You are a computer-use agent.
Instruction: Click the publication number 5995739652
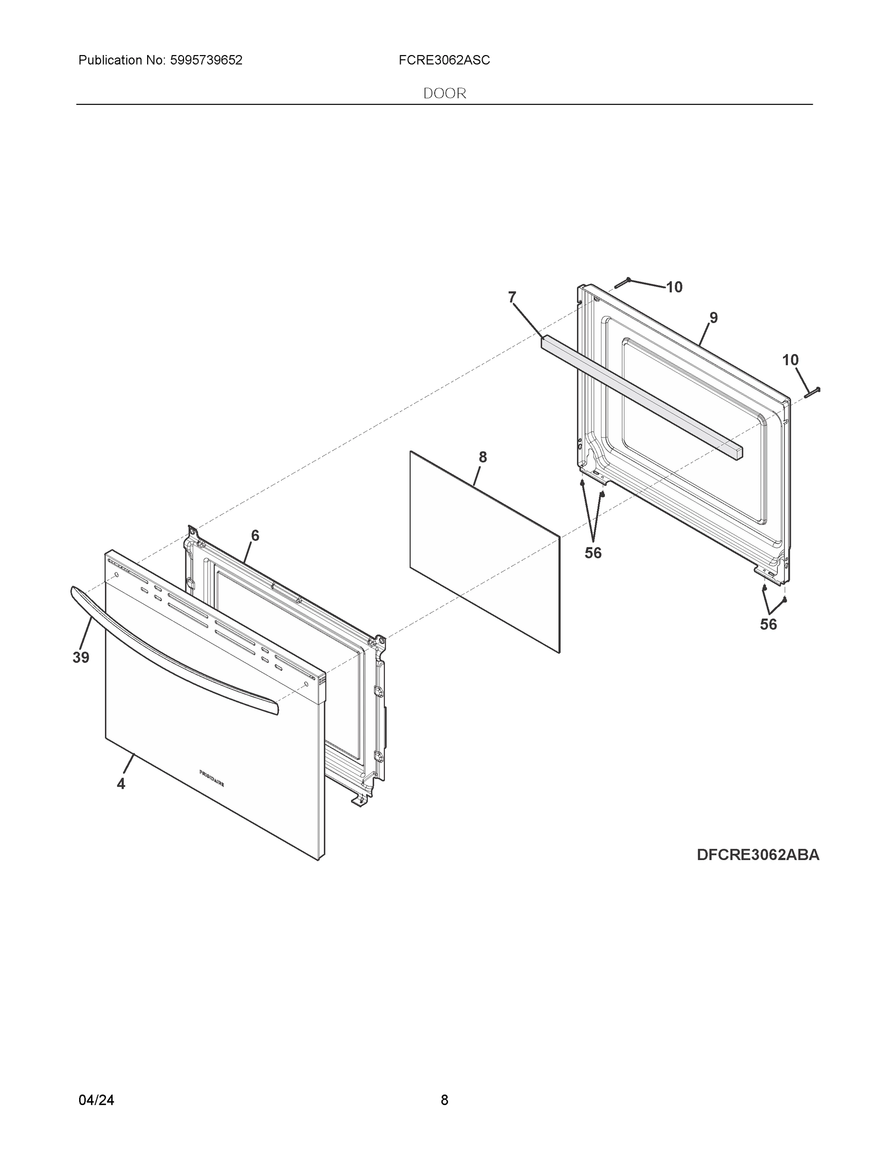tap(206, 60)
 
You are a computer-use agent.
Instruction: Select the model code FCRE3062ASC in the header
tap(444, 60)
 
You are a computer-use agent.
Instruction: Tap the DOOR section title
tap(445, 94)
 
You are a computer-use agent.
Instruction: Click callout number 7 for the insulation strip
tap(512, 298)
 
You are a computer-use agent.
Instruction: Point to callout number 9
tap(713, 318)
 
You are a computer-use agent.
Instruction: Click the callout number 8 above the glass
tap(483, 458)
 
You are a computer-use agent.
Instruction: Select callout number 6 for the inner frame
tap(255, 536)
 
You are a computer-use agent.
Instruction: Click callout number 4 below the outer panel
tap(121, 784)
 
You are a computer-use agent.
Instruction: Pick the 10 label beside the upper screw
tap(674, 287)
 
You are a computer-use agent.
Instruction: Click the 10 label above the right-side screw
tap(790, 360)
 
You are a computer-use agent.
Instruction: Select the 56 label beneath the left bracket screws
tap(593, 553)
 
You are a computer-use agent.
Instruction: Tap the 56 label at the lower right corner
tap(768, 624)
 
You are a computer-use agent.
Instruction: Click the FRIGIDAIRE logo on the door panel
tap(212, 778)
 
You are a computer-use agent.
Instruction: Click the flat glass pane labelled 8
tap(485, 553)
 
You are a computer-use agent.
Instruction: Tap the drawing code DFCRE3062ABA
tap(758, 855)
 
